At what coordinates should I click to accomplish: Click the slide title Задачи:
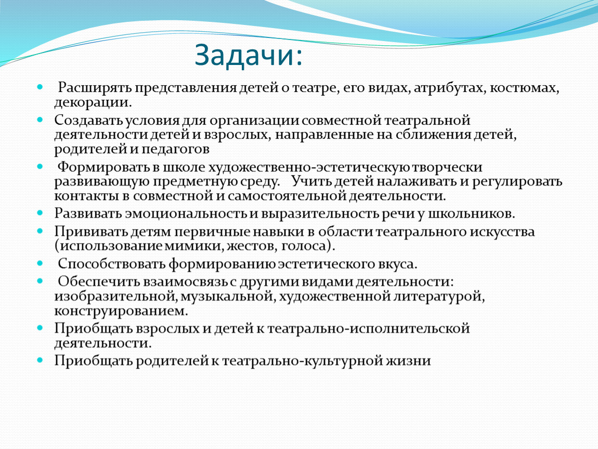coord(248,56)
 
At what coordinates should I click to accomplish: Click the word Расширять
coord(94,88)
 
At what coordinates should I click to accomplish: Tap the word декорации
coord(93,102)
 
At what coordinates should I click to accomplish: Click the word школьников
coord(472,214)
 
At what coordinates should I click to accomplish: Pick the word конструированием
coord(121,311)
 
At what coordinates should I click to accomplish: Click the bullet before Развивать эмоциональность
coord(40,213)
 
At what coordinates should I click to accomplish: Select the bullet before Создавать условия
coord(40,120)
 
